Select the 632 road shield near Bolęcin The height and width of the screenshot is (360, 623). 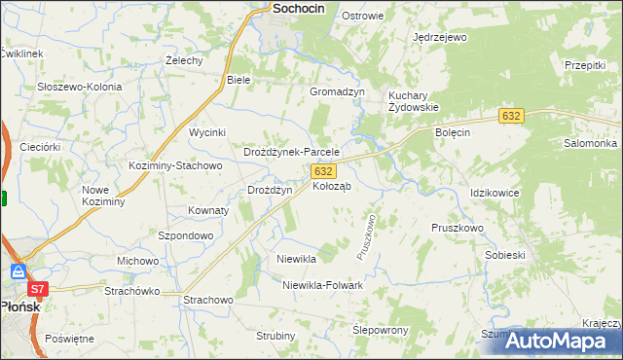pos(513,116)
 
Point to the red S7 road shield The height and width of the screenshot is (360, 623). pos(37,289)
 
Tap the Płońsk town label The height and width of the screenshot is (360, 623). pos(18,305)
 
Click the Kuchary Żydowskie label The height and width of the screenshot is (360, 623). pos(414,101)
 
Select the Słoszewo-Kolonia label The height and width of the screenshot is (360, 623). pos(80,87)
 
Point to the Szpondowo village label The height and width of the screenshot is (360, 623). pos(185,235)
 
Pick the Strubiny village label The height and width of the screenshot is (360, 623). pos(275,336)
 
